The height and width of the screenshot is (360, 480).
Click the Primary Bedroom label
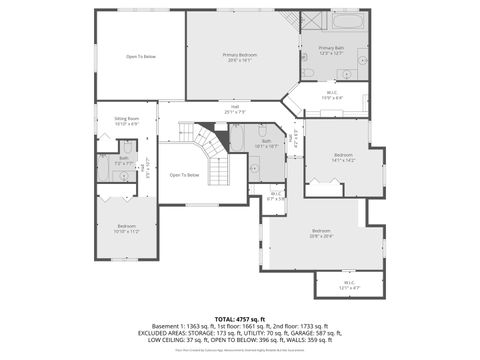tap(240, 57)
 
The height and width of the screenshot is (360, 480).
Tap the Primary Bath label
tap(333, 50)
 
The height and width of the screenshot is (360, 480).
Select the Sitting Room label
tap(126, 120)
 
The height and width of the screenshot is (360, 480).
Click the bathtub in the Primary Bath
tap(349, 21)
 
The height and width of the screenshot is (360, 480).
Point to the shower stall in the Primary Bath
tap(311, 23)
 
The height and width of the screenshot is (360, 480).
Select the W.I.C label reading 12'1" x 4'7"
tap(349, 284)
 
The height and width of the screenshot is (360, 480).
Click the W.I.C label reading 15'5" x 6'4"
tap(333, 97)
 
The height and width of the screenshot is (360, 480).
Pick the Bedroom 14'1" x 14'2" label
tap(343, 156)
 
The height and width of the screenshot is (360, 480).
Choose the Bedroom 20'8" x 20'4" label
tap(321, 234)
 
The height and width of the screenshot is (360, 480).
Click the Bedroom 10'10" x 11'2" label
tap(126, 228)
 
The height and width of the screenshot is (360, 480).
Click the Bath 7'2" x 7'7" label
tap(124, 159)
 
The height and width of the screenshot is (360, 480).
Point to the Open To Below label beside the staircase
tap(184, 175)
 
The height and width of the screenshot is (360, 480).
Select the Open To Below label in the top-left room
tap(140, 57)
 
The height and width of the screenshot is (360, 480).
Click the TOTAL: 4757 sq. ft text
tap(240, 318)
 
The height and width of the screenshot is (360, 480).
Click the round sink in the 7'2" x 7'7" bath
tap(123, 176)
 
